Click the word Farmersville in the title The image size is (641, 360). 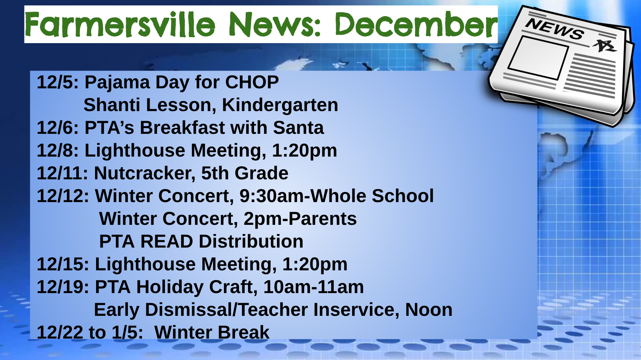point(120,25)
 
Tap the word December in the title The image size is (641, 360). point(416,24)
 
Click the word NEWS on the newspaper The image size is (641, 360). point(555,29)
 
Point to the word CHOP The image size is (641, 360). point(252,82)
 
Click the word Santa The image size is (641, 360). point(298,128)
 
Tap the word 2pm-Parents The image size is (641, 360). point(300,219)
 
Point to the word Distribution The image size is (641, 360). point(251,242)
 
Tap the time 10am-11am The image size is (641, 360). point(314,287)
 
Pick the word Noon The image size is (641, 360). point(428,310)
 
